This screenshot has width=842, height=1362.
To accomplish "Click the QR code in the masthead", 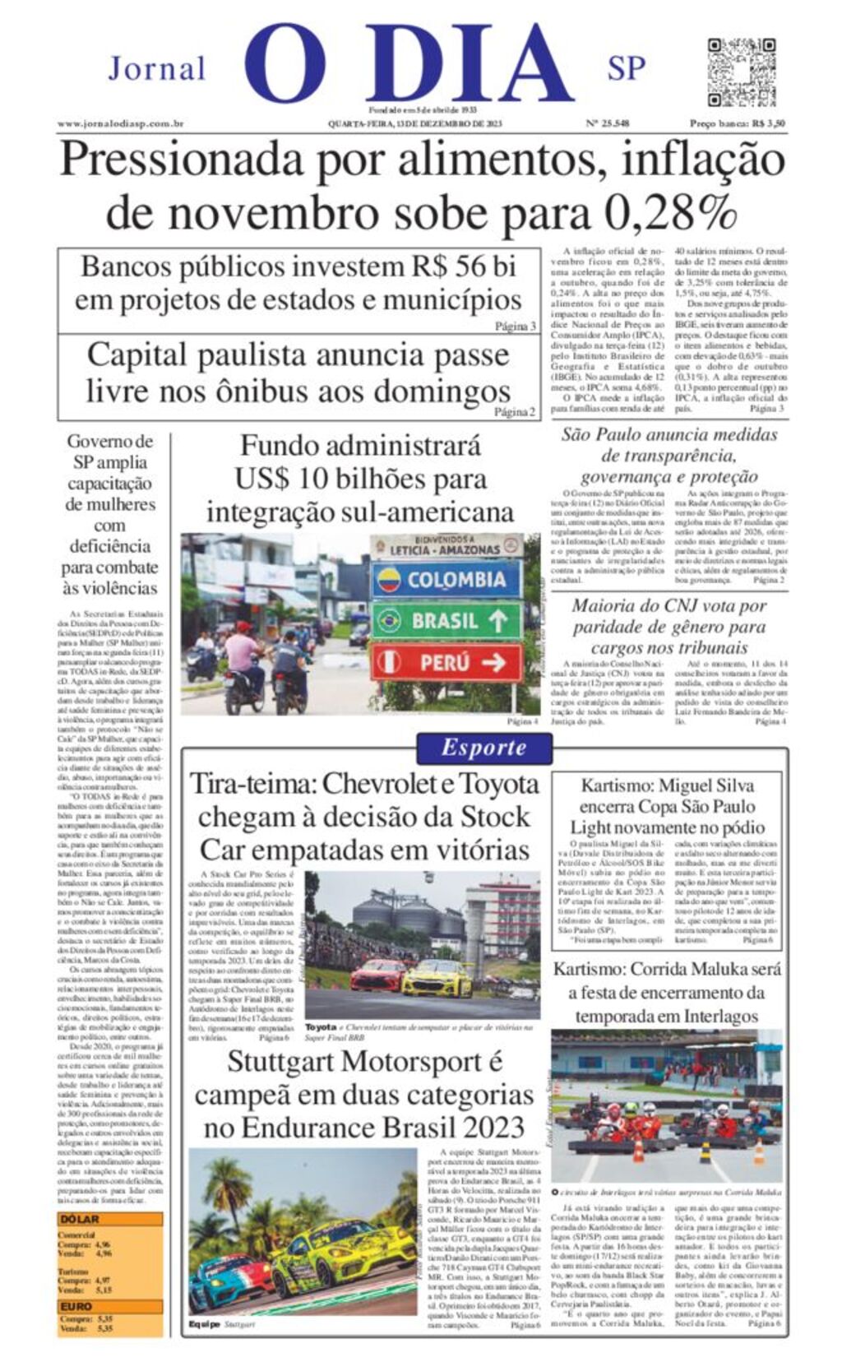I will coord(741,72).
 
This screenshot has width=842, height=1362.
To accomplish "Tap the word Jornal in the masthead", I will coord(156,68).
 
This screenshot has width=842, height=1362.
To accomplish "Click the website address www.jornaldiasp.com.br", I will coord(120,124).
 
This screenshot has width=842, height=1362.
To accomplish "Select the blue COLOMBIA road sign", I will coord(446,580).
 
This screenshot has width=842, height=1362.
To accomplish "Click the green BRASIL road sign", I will coord(446,621).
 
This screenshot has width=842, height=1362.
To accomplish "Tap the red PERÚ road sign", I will coord(446,662).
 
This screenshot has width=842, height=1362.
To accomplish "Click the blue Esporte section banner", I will coord(483,748).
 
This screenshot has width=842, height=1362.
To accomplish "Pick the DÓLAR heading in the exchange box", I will coord(80,1220).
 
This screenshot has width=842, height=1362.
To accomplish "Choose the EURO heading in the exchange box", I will coord(76,1306).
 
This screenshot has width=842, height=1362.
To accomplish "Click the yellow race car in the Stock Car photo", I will coord(437,979).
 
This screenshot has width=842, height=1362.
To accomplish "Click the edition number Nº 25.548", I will coord(608,124).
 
